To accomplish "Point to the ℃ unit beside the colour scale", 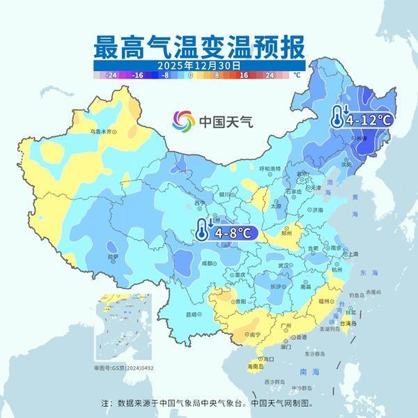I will pyautogui.click(x=297, y=74).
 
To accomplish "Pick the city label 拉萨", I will pyautogui.click(x=113, y=256).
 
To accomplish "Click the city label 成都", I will pyautogui.click(x=208, y=263).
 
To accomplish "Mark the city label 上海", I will pyautogui.click(x=353, y=254).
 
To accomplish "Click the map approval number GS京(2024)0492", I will pyautogui.click(x=121, y=367).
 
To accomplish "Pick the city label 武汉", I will pyautogui.click(x=282, y=265).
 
